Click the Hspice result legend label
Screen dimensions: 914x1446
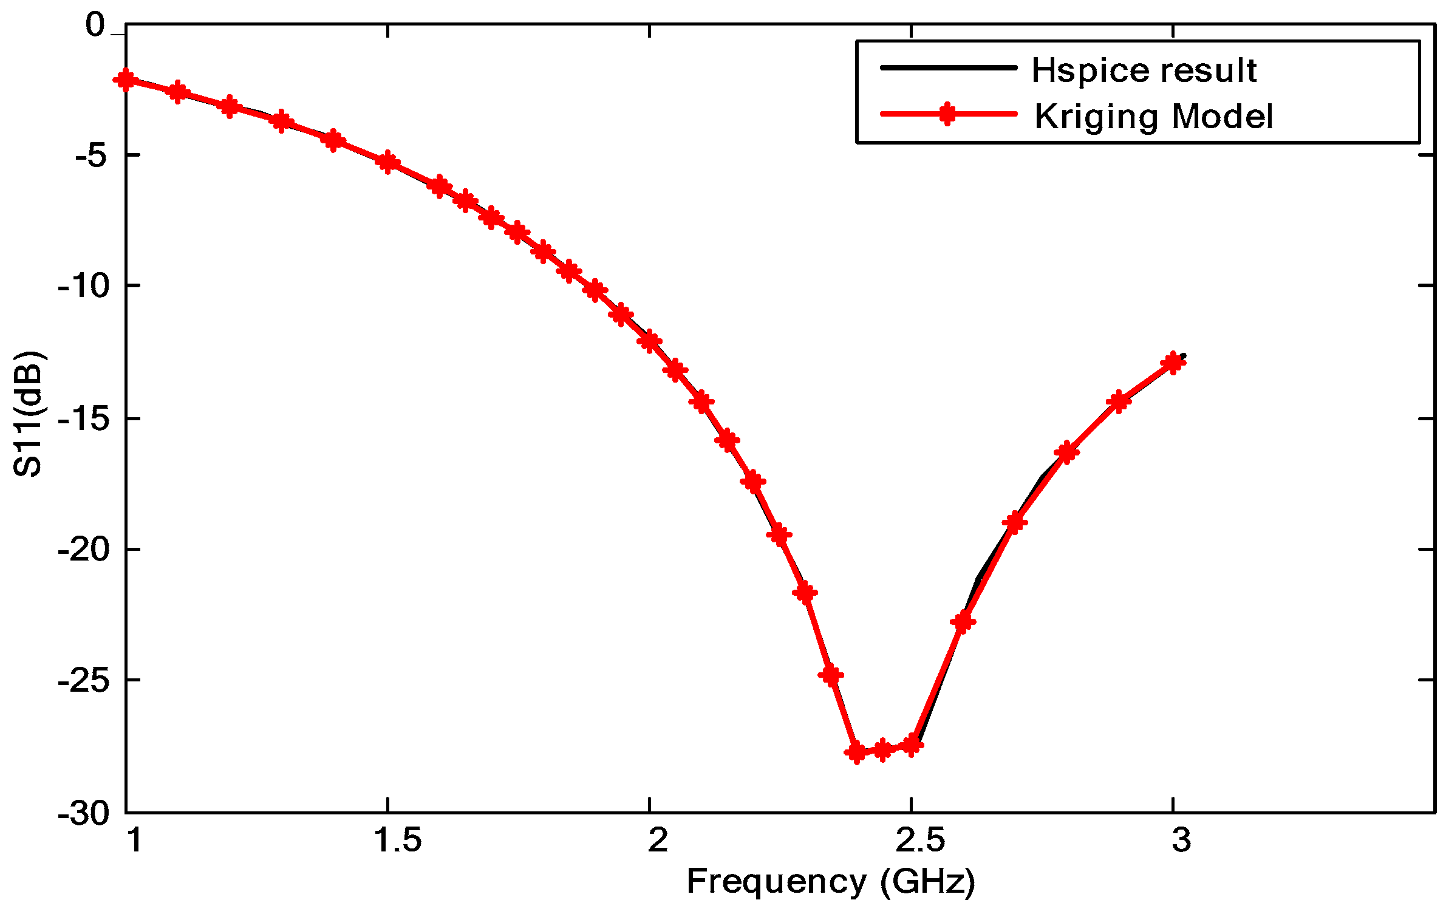coord(1144,70)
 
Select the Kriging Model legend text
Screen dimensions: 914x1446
coord(1153,117)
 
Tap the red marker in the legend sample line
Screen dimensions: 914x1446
coord(947,114)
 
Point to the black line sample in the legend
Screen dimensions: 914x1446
coord(948,67)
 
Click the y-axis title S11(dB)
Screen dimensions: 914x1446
coord(27,414)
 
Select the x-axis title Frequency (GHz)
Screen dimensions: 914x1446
coord(830,881)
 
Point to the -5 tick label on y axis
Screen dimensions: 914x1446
coord(91,156)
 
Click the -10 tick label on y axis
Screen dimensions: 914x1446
coord(84,285)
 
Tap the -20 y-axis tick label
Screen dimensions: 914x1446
coord(84,550)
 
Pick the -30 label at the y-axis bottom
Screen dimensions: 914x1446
coord(84,813)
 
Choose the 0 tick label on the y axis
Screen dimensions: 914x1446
coord(95,26)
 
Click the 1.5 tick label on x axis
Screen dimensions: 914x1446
coord(397,841)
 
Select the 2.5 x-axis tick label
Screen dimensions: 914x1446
coord(920,841)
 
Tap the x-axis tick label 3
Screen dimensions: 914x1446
coord(1181,841)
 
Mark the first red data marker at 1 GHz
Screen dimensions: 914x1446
coord(126,80)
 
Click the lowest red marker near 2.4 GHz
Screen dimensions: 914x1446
coord(856,752)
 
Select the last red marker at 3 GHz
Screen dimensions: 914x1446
coord(1173,363)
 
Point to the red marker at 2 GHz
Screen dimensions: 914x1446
coord(650,341)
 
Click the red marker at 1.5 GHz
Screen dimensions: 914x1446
coord(387,162)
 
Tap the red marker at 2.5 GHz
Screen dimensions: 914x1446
coord(911,745)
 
